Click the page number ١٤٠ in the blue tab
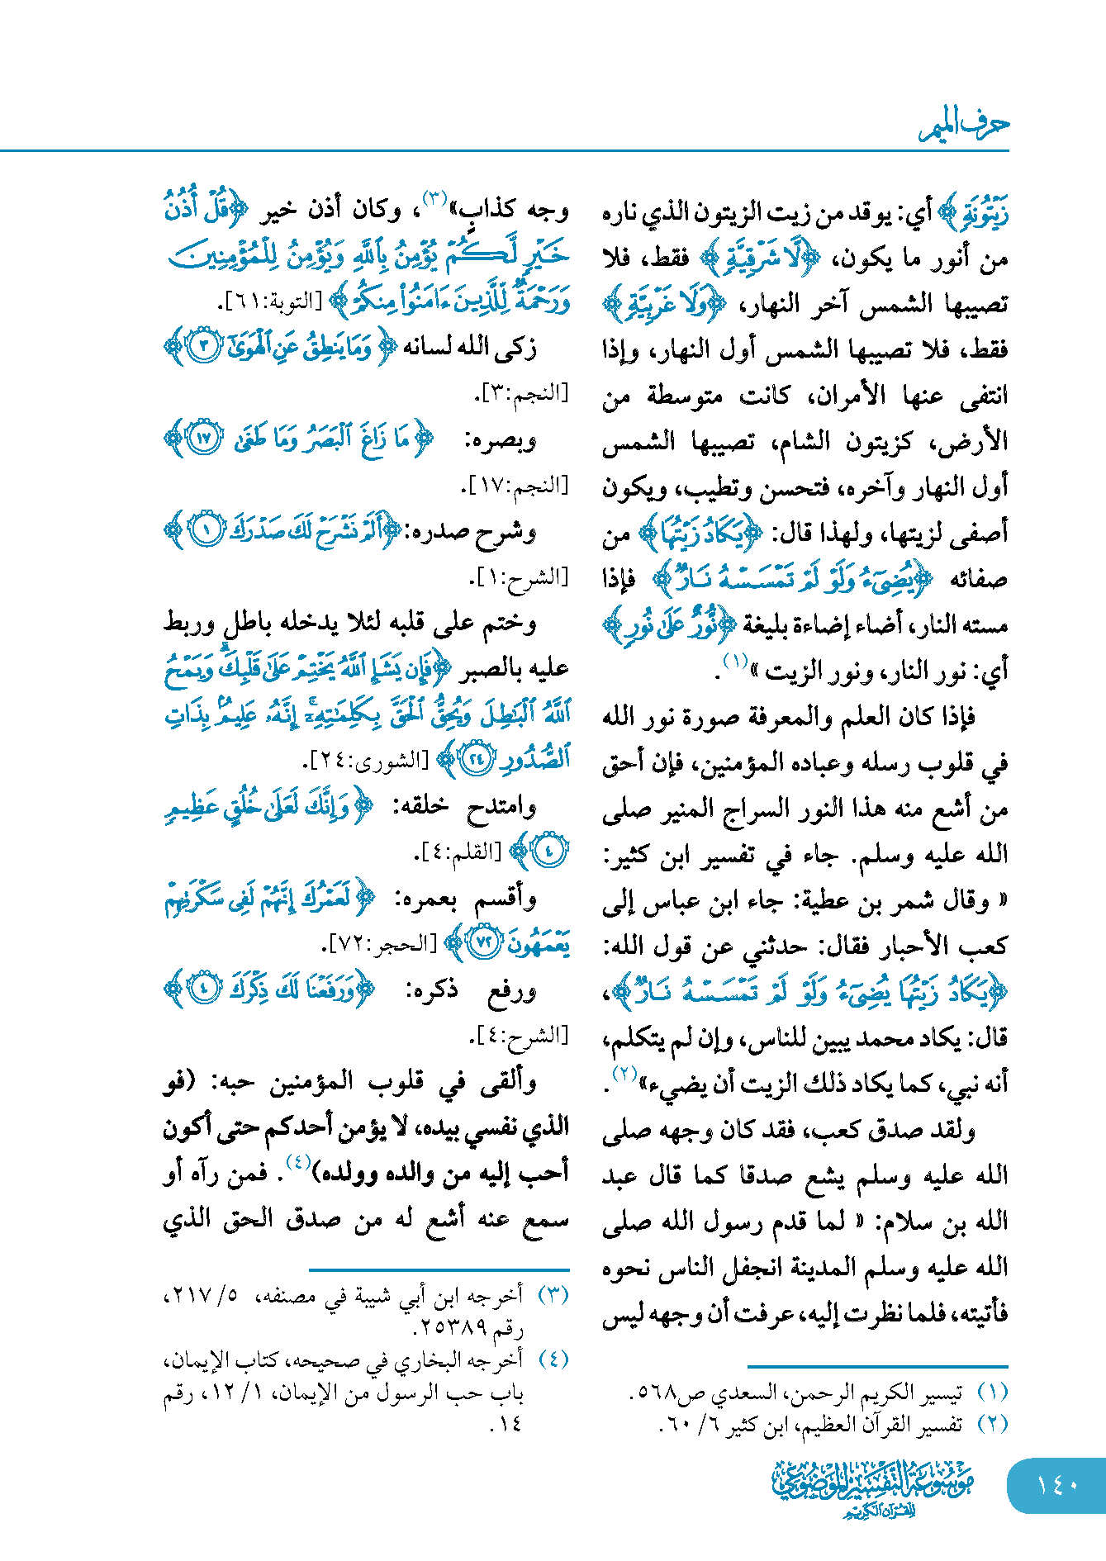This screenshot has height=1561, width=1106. (1057, 1484)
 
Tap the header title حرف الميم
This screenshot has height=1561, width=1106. (964, 126)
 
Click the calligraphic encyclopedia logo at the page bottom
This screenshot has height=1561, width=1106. (873, 1487)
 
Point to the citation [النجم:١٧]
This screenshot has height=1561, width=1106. (519, 485)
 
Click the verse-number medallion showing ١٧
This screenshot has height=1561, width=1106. (204, 439)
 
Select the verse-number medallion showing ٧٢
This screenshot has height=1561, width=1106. (484, 942)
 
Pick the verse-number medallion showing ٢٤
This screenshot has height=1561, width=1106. (477, 759)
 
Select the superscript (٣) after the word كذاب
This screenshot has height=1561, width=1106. (435, 199)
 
